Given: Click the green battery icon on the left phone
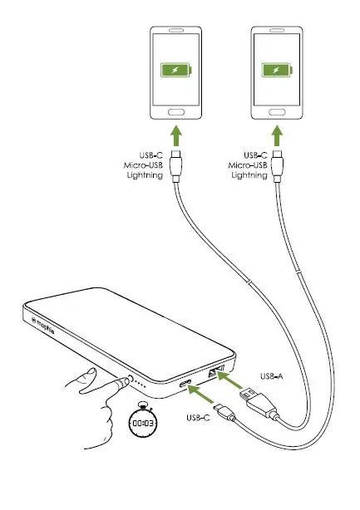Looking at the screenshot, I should click(175, 71).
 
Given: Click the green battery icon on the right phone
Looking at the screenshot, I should click(276, 71).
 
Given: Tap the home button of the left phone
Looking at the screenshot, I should click(175, 112).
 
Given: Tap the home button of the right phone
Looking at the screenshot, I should click(276, 112).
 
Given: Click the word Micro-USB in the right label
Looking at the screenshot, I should click(249, 165).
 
